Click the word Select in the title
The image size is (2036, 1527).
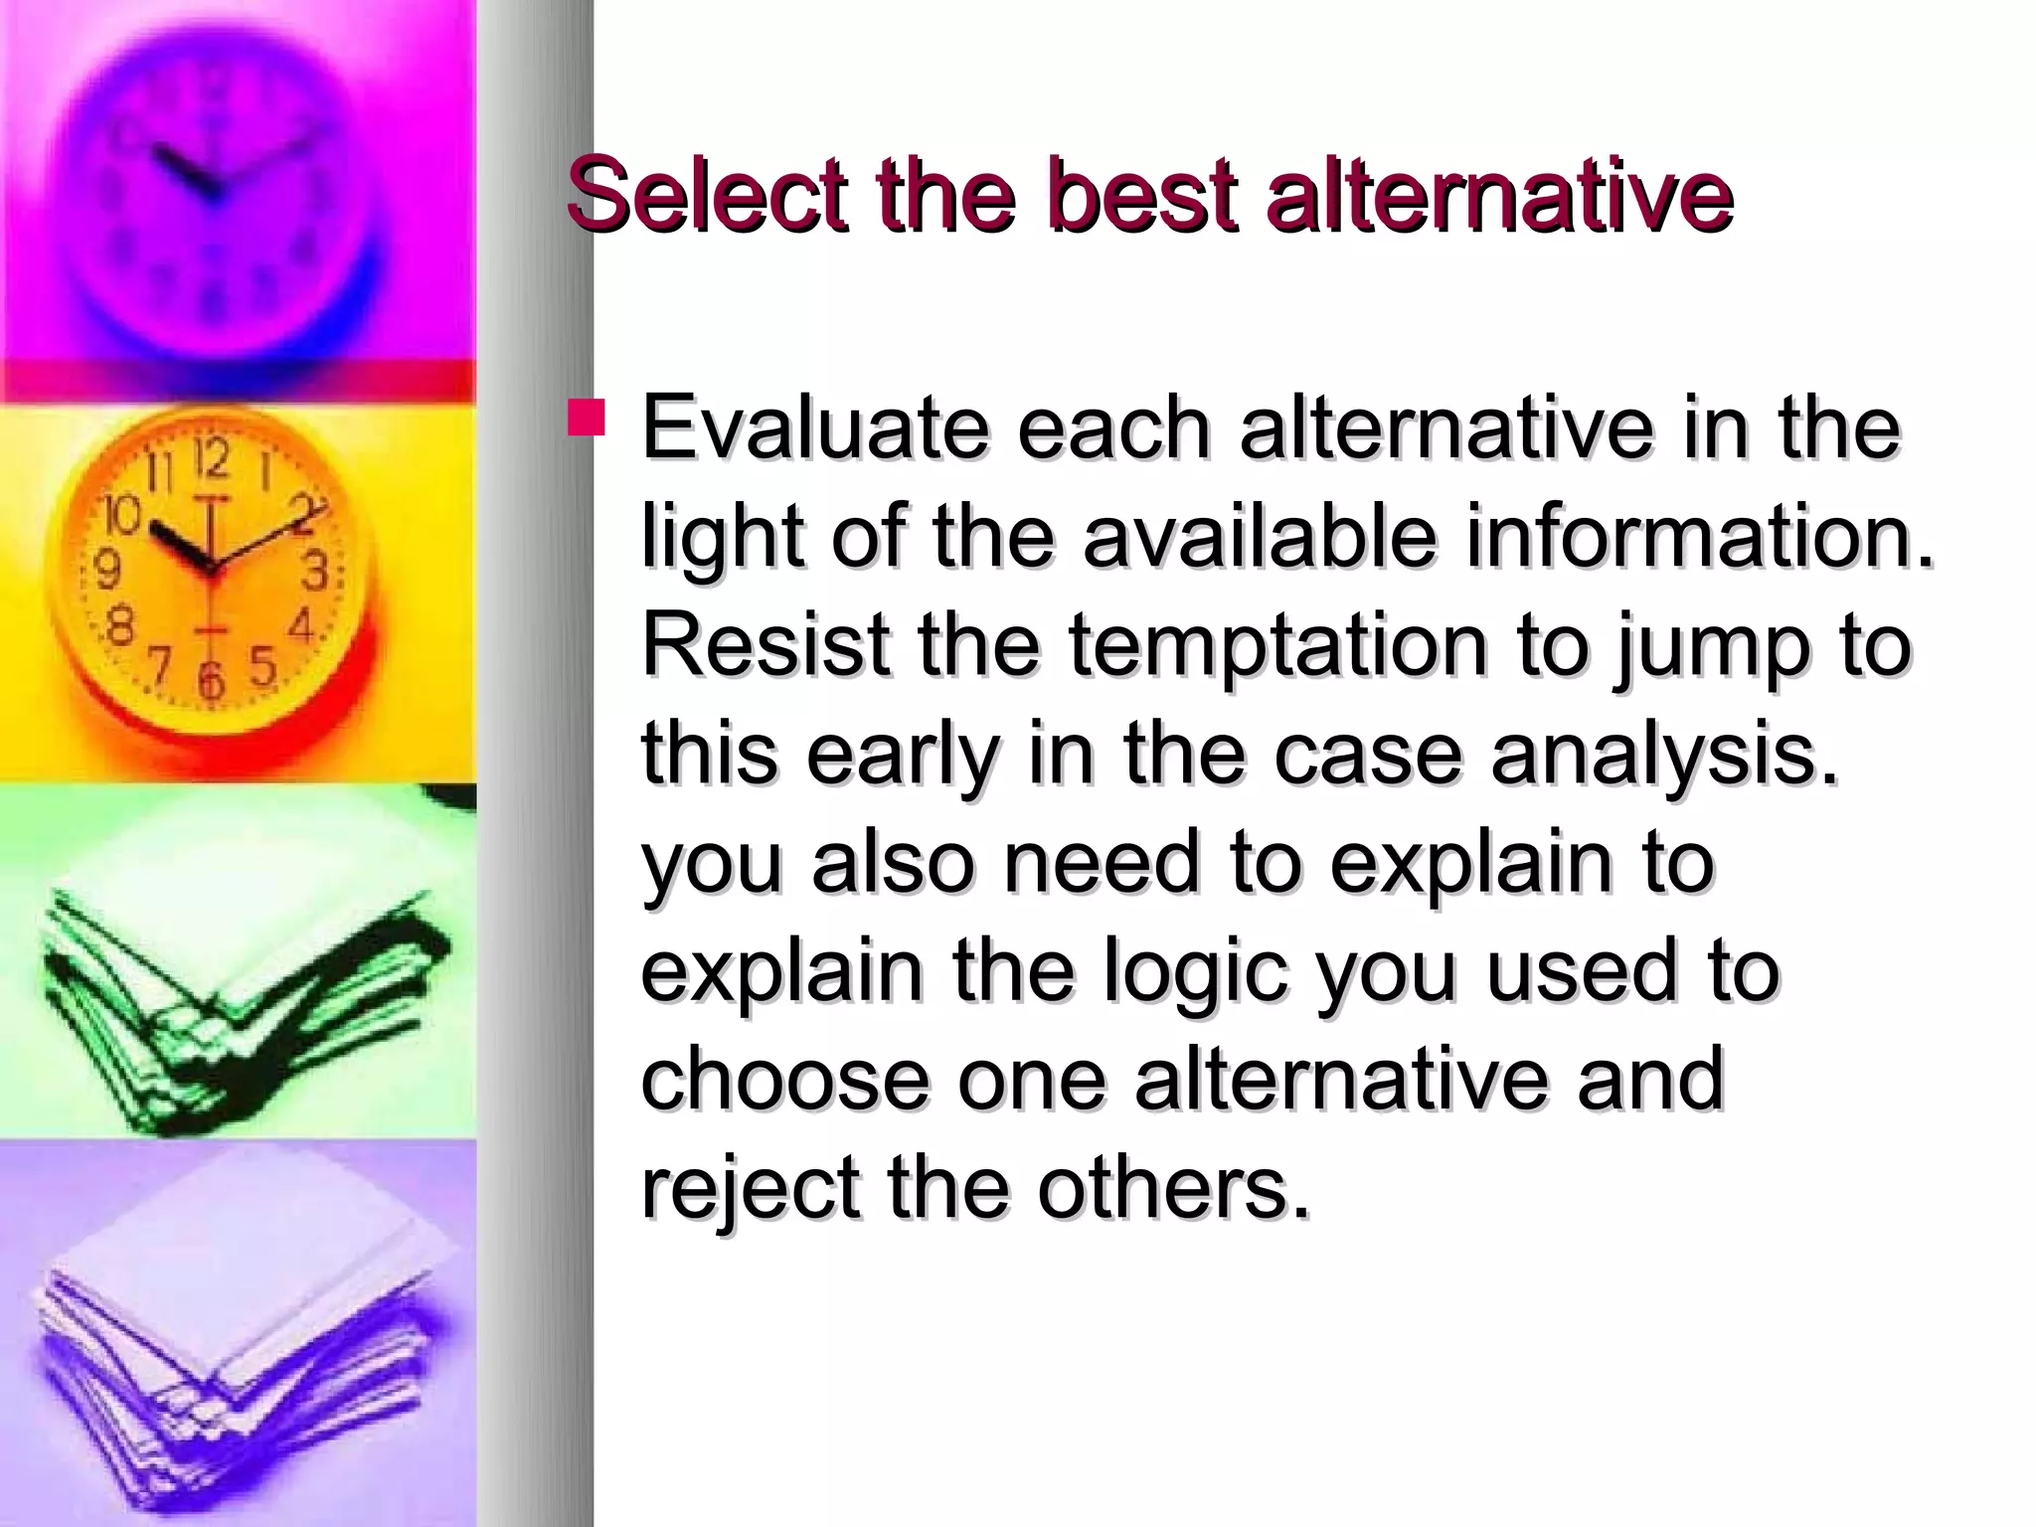pyautogui.click(x=706, y=195)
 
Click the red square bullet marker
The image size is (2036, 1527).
pyautogui.click(x=586, y=419)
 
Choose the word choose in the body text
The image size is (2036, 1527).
pyautogui.click(x=784, y=1081)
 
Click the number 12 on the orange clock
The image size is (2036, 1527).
pyautogui.click(x=212, y=460)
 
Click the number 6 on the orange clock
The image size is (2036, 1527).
pyautogui.click(x=211, y=681)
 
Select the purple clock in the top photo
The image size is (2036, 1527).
pyautogui.click(x=209, y=179)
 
